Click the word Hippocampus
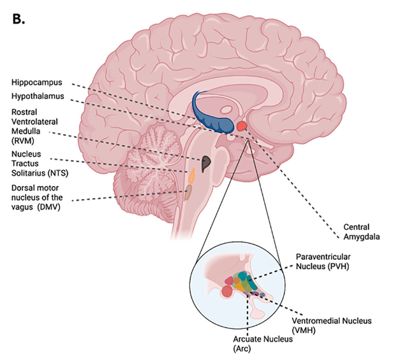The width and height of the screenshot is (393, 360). [39, 82]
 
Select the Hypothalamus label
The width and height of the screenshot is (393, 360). [40, 96]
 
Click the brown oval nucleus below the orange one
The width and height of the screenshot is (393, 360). [189, 191]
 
